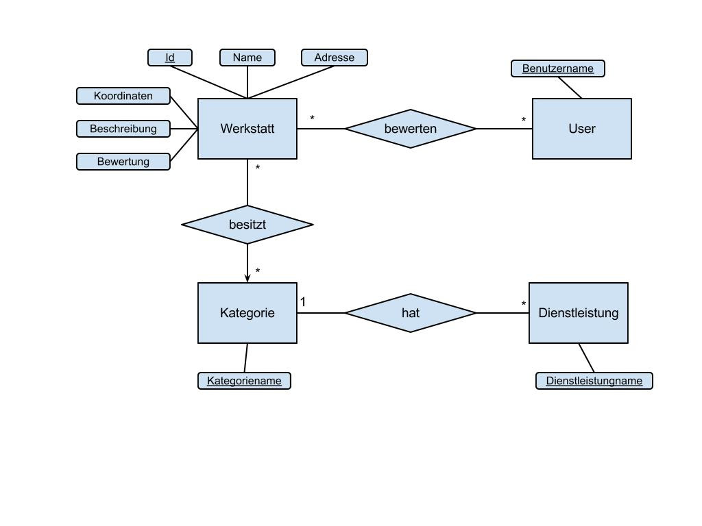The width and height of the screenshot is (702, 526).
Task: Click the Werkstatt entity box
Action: point(247,129)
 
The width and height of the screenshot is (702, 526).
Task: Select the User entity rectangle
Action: point(581,129)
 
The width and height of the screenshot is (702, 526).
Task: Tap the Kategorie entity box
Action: point(247,313)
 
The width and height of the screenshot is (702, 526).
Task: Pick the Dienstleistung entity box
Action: point(578,313)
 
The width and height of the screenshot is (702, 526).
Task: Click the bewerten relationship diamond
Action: point(410,129)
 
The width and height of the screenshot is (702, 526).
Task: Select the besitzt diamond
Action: point(247,225)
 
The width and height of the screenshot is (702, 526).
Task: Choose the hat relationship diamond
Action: point(410,313)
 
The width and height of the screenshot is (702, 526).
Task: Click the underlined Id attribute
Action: point(169,58)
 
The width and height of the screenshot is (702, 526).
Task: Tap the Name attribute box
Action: point(247,58)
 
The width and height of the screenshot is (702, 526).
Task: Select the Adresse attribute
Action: point(334,58)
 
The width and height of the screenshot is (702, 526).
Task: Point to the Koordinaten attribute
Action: point(123,96)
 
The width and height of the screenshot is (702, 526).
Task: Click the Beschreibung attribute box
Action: point(123,129)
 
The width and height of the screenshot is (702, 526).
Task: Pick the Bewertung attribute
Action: point(123,162)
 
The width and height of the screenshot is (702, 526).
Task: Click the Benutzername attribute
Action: point(557,68)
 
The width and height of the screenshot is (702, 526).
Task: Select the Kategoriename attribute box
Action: point(244,381)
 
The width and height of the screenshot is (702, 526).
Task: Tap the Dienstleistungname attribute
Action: point(594,381)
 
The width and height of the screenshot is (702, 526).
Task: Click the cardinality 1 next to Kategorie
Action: point(303,302)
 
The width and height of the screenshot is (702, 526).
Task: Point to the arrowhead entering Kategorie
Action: point(247,278)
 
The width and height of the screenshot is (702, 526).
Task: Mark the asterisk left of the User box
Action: point(524,121)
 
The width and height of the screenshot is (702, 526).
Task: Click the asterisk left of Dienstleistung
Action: point(524,305)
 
